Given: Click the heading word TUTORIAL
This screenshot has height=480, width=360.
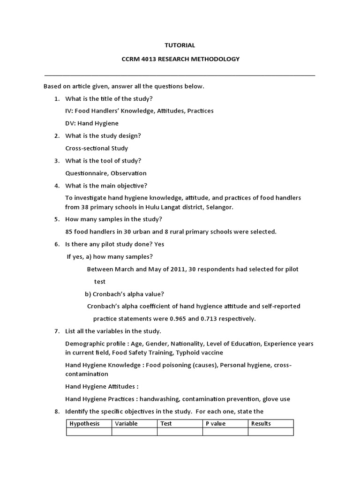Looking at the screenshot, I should [180, 45].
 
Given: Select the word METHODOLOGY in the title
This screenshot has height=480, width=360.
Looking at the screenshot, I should [216, 59].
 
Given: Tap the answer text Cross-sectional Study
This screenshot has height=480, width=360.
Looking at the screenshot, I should [97, 148].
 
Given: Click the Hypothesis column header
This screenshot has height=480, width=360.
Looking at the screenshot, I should [85, 423].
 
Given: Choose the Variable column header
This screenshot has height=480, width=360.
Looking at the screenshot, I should [126, 423].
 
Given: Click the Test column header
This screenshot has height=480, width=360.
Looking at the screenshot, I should [166, 423].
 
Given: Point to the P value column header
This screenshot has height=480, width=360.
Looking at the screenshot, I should [216, 423].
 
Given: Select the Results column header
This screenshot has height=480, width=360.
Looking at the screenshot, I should [261, 423].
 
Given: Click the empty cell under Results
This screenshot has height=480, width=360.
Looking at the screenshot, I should [270, 432].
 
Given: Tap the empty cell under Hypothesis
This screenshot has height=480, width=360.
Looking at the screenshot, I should [89, 432].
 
